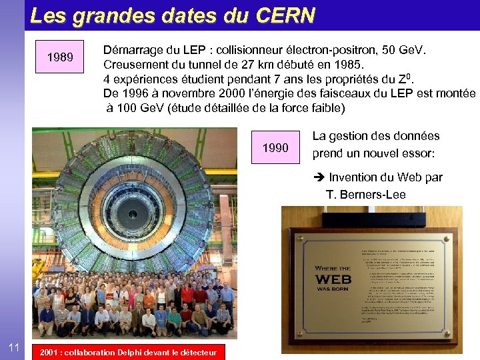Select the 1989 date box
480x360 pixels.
point(61,57)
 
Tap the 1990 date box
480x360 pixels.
point(275,147)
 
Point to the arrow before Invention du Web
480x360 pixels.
point(319,177)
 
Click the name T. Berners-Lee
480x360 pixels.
point(365,195)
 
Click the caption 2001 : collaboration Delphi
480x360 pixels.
point(128,352)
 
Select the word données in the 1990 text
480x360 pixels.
point(415,136)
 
